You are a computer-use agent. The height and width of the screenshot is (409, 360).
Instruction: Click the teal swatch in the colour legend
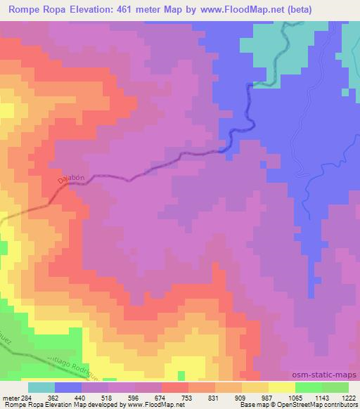point(41,387)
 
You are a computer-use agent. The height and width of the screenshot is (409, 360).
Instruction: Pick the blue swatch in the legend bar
point(68,387)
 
